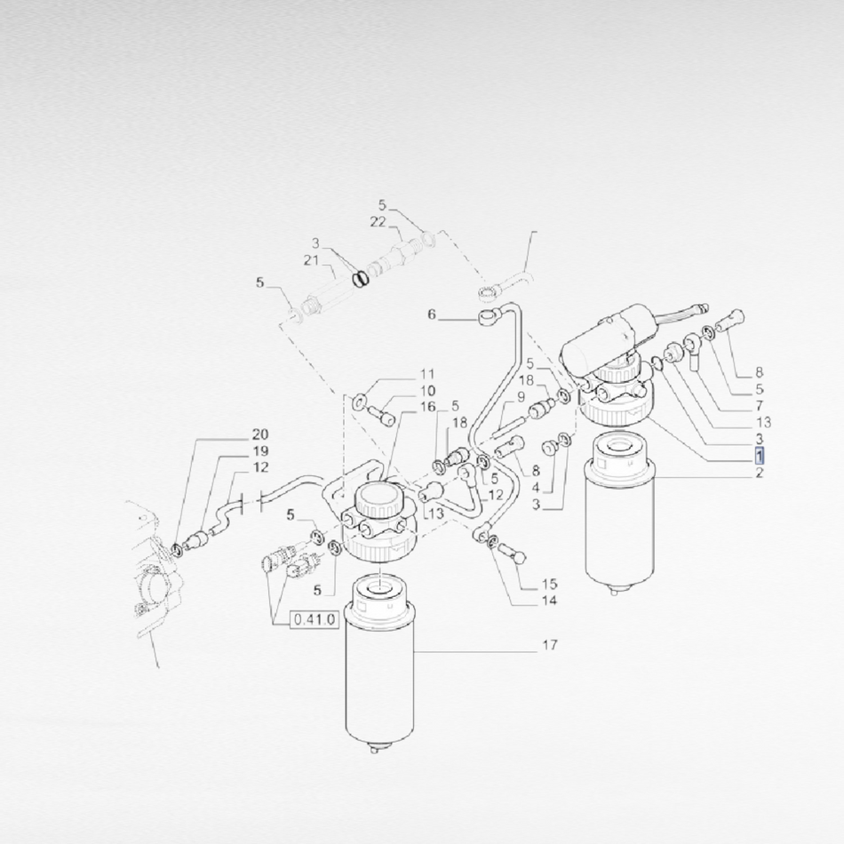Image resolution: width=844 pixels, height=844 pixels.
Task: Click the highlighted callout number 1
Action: point(759,457)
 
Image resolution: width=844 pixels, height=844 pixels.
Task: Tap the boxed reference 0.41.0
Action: point(315,619)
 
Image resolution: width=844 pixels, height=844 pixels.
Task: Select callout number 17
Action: point(549,644)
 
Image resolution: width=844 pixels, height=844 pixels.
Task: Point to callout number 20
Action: point(260,434)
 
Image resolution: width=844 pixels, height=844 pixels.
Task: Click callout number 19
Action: point(260,451)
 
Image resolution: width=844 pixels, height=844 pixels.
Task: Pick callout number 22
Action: point(378,222)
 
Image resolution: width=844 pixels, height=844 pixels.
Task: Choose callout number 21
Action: point(311,260)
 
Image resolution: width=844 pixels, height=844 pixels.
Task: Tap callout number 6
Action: point(431,314)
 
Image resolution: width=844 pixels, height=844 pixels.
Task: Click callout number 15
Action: point(549,584)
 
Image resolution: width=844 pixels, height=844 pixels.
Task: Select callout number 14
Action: point(549,601)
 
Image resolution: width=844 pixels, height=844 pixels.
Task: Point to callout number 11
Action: point(427,374)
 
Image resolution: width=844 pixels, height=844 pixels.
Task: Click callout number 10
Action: point(427,391)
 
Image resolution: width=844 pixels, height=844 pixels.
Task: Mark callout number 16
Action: point(427,407)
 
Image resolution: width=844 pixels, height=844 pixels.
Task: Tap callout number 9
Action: point(521,397)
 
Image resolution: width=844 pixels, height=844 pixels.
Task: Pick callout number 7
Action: point(759,405)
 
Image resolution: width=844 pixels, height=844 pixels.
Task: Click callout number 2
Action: point(759,474)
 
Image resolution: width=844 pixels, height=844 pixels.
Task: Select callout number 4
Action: point(536,488)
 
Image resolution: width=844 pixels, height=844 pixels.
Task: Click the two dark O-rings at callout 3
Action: point(362,279)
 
